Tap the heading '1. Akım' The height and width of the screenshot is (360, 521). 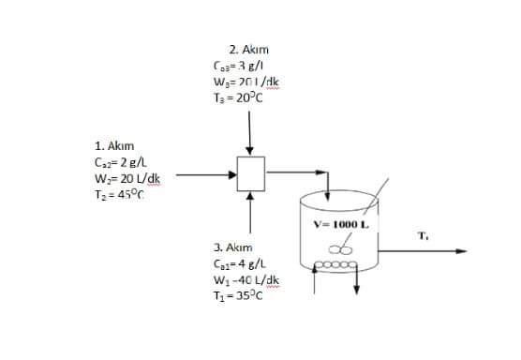click(x=114, y=146)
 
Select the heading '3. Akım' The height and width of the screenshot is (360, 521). click(x=232, y=247)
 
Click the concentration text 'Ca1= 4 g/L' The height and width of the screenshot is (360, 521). click(x=241, y=263)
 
